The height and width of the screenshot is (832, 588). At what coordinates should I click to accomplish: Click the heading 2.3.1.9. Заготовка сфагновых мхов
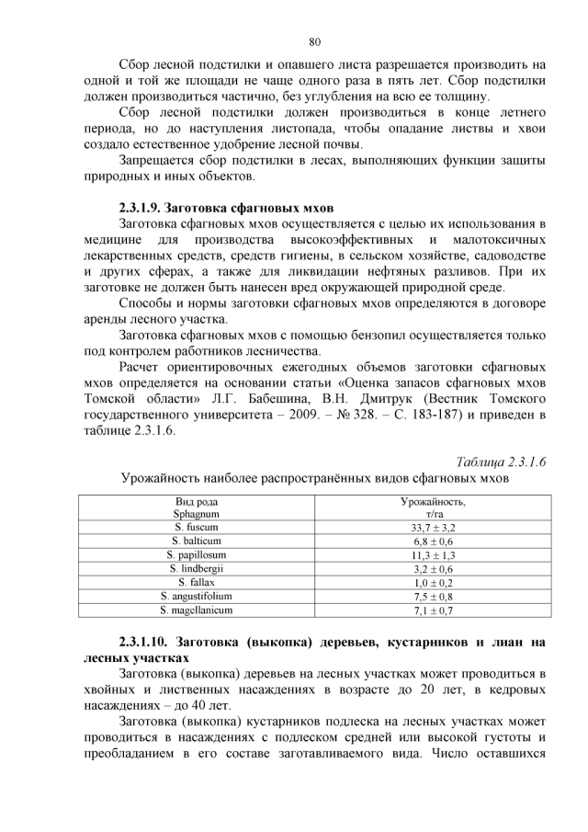click(226, 207)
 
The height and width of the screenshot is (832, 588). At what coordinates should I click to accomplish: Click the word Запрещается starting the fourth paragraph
click(157, 159)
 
